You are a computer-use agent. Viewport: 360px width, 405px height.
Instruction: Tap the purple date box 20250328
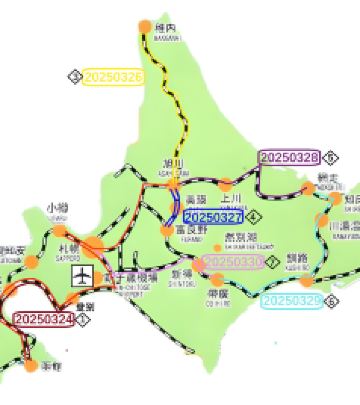tap(288, 157)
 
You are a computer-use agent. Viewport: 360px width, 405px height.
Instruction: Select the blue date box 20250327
tap(214, 216)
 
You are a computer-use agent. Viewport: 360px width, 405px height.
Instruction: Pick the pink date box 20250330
tap(233, 261)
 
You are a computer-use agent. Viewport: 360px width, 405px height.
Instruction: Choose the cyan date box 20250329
tap(295, 300)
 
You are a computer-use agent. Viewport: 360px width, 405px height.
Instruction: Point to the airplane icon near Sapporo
tap(82, 273)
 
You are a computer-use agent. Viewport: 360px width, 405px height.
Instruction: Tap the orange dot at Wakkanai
tap(137, 28)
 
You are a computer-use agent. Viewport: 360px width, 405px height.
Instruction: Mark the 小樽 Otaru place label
tap(58, 209)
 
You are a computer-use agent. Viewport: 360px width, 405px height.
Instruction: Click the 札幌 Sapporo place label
tap(68, 246)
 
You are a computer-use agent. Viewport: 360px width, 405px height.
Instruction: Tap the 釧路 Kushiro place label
tap(298, 259)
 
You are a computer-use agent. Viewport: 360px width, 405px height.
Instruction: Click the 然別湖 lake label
tap(240, 239)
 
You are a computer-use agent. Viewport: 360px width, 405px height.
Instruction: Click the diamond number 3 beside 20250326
tap(74, 76)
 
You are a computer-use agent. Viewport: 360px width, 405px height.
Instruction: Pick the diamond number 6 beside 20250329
tap(332, 300)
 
